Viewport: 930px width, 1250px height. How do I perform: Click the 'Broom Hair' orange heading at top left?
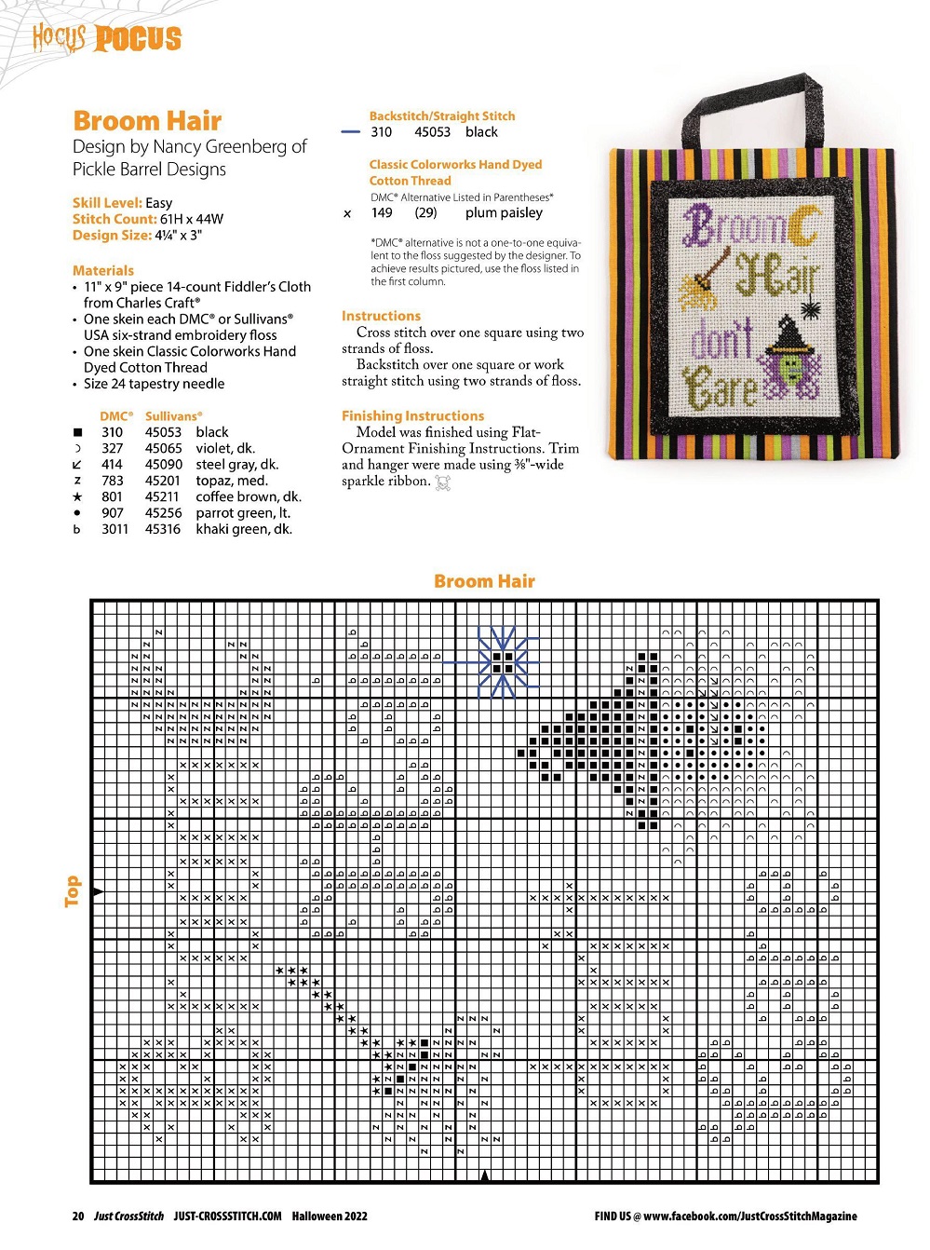pyautogui.click(x=147, y=121)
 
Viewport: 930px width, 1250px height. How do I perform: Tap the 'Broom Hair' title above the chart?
pyautogui.click(x=484, y=581)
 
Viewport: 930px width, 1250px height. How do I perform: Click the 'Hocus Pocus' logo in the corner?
pyautogui.click(x=107, y=38)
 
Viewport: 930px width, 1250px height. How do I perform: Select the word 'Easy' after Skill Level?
pyautogui.click(x=159, y=203)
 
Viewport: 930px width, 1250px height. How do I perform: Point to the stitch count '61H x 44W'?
pyautogui.click(x=193, y=219)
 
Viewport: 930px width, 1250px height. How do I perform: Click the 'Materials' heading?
pyautogui.click(x=103, y=270)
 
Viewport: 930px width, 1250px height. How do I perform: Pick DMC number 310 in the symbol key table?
pyautogui.click(x=112, y=432)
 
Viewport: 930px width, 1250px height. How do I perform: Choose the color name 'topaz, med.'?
pyautogui.click(x=232, y=481)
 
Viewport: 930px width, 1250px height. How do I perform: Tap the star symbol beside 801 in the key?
pyautogui.click(x=77, y=497)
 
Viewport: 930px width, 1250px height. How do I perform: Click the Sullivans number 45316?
pyautogui.click(x=163, y=529)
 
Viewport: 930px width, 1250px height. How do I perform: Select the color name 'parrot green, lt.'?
pyautogui.click(x=243, y=513)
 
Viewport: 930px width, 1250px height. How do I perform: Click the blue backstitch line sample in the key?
pyautogui.click(x=350, y=132)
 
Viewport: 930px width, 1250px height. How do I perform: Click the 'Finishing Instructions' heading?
pyautogui.click(x=412, y=415)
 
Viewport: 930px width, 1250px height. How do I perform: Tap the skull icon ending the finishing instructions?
pyautogui.click(x=443, y=482)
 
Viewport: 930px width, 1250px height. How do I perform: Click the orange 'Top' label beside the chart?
pyautogui.click(x=73, y=890)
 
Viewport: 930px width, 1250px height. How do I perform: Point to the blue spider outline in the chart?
pyautogui.click(x=503, y=662)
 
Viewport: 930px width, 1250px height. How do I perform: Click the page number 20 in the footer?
pyautogui.click(x=78, y=1216)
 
